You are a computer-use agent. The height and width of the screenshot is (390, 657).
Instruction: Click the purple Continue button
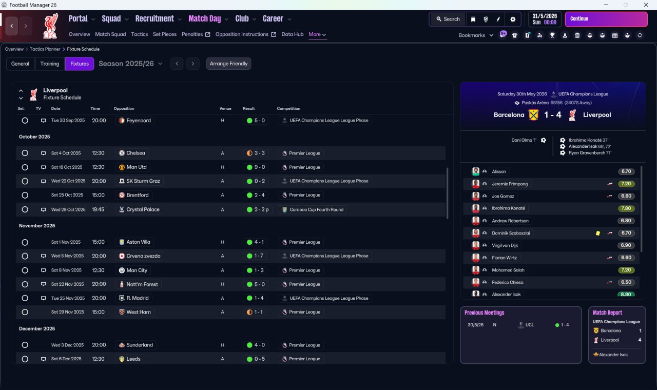tap(606, 19)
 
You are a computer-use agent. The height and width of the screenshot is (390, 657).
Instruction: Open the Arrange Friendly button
tap(228, 64)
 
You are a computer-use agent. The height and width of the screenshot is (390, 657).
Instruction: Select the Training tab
tap(50, 64)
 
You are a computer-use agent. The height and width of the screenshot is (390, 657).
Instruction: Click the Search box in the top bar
tap(448, 19)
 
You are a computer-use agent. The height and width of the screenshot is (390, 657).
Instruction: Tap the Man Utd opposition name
tap(137, 167)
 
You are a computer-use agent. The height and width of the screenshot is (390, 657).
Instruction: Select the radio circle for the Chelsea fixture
tap(25, 153)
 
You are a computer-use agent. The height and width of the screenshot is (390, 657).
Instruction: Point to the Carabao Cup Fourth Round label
tap(316, 210)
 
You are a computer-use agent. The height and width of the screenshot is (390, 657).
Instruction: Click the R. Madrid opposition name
tap(137, 298)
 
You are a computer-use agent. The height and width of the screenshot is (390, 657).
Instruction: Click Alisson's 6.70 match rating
tap(626, 171)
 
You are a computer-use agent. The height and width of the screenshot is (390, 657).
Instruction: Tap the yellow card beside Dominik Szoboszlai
tap(598, 233)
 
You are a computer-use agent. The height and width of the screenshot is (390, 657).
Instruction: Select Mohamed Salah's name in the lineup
tap(508, 270)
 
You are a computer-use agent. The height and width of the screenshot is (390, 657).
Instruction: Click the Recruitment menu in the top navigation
tap(154, 19)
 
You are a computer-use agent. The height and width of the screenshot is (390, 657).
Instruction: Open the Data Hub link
tap(293, 34)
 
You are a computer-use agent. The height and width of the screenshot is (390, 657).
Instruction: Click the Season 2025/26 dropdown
tap(130, 64)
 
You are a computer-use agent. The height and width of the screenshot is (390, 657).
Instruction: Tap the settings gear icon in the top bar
tap(513, 19)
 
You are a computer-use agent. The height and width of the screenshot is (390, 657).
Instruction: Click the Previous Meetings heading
tap(484, 313)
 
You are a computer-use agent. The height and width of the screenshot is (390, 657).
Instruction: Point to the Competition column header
tap(288, 108)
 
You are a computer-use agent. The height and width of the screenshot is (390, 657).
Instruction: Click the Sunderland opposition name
tap(140, 345)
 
